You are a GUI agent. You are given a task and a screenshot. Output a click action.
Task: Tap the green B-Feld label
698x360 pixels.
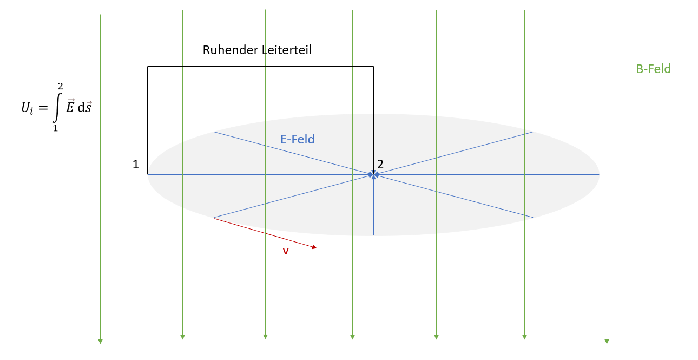tap(654, 69)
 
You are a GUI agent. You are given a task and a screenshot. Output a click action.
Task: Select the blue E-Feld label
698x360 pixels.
tap(298, 139)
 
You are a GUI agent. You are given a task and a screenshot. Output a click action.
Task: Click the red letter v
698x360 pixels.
tap(286, 251)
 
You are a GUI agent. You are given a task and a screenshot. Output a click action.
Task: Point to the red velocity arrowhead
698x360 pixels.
tap(314, 247)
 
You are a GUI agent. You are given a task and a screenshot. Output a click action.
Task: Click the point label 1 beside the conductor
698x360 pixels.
tap(136, 164)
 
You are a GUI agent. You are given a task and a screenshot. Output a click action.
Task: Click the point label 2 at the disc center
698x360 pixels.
tap(380, 164)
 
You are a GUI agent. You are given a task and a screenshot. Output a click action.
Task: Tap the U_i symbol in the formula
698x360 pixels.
tap(27, 108)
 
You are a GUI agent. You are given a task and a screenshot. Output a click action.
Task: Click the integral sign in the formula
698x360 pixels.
tap(57, 107)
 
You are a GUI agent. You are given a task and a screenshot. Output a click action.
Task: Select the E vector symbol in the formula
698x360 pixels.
tap(70, 106)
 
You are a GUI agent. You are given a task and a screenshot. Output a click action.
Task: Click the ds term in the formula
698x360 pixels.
tap(85, 107)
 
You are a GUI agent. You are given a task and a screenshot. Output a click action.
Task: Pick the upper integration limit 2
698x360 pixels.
tap(61, 86)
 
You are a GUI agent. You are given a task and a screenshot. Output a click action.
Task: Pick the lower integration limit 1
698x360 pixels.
tap(55, 128)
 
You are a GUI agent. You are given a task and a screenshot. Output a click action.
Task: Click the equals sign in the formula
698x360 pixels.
tap(43, 108)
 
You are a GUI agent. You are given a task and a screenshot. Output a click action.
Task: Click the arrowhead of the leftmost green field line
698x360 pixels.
tap(100, 342)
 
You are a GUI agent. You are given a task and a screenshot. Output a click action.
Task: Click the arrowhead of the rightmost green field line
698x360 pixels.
tap(607, 342)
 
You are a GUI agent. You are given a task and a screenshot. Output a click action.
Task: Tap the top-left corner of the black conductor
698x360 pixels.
tap(148, 67)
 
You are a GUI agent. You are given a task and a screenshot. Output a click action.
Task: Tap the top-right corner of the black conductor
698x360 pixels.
tap(373, 67)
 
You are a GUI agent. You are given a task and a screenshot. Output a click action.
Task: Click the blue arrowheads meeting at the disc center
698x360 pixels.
tap(373, 175)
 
